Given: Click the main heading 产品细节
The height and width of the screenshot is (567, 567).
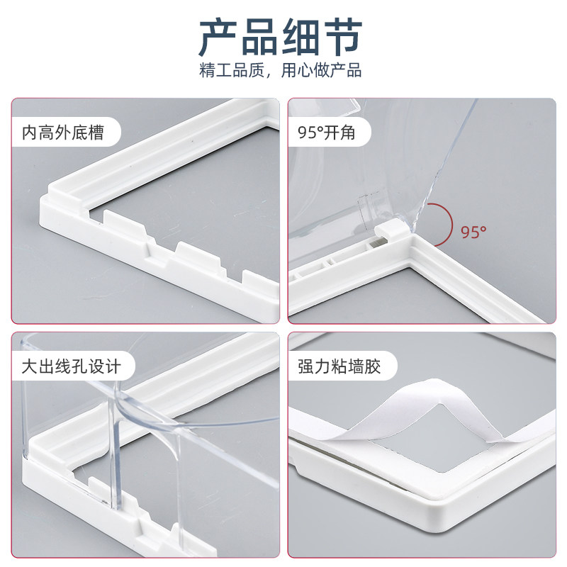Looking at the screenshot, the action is coord(281,38).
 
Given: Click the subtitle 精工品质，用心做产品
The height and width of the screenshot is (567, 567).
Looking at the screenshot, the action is coord(280,70).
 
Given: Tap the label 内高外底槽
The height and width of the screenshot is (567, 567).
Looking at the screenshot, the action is coord(63,133).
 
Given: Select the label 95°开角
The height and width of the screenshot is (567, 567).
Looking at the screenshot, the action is coord(326,133).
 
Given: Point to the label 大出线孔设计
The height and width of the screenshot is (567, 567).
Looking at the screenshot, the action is coord(71,366).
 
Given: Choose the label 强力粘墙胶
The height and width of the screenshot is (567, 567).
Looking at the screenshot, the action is coord(339,366).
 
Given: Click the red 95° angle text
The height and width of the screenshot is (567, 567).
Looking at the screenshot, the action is coord(473,232).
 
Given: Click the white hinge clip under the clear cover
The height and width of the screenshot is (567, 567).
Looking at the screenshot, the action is coord(390,229).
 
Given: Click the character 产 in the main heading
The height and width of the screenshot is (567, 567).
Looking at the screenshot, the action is coord(218,38).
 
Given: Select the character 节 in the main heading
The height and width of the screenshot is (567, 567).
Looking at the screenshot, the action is coord(343,38).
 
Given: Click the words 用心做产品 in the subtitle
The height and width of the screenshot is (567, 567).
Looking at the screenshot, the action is coord(322,70).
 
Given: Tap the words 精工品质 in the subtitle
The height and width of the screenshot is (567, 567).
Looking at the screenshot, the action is coord(232,70).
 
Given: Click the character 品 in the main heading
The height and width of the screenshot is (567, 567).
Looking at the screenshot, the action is coord(259,38).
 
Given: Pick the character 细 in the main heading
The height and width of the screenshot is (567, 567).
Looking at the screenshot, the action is coord(301,38).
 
